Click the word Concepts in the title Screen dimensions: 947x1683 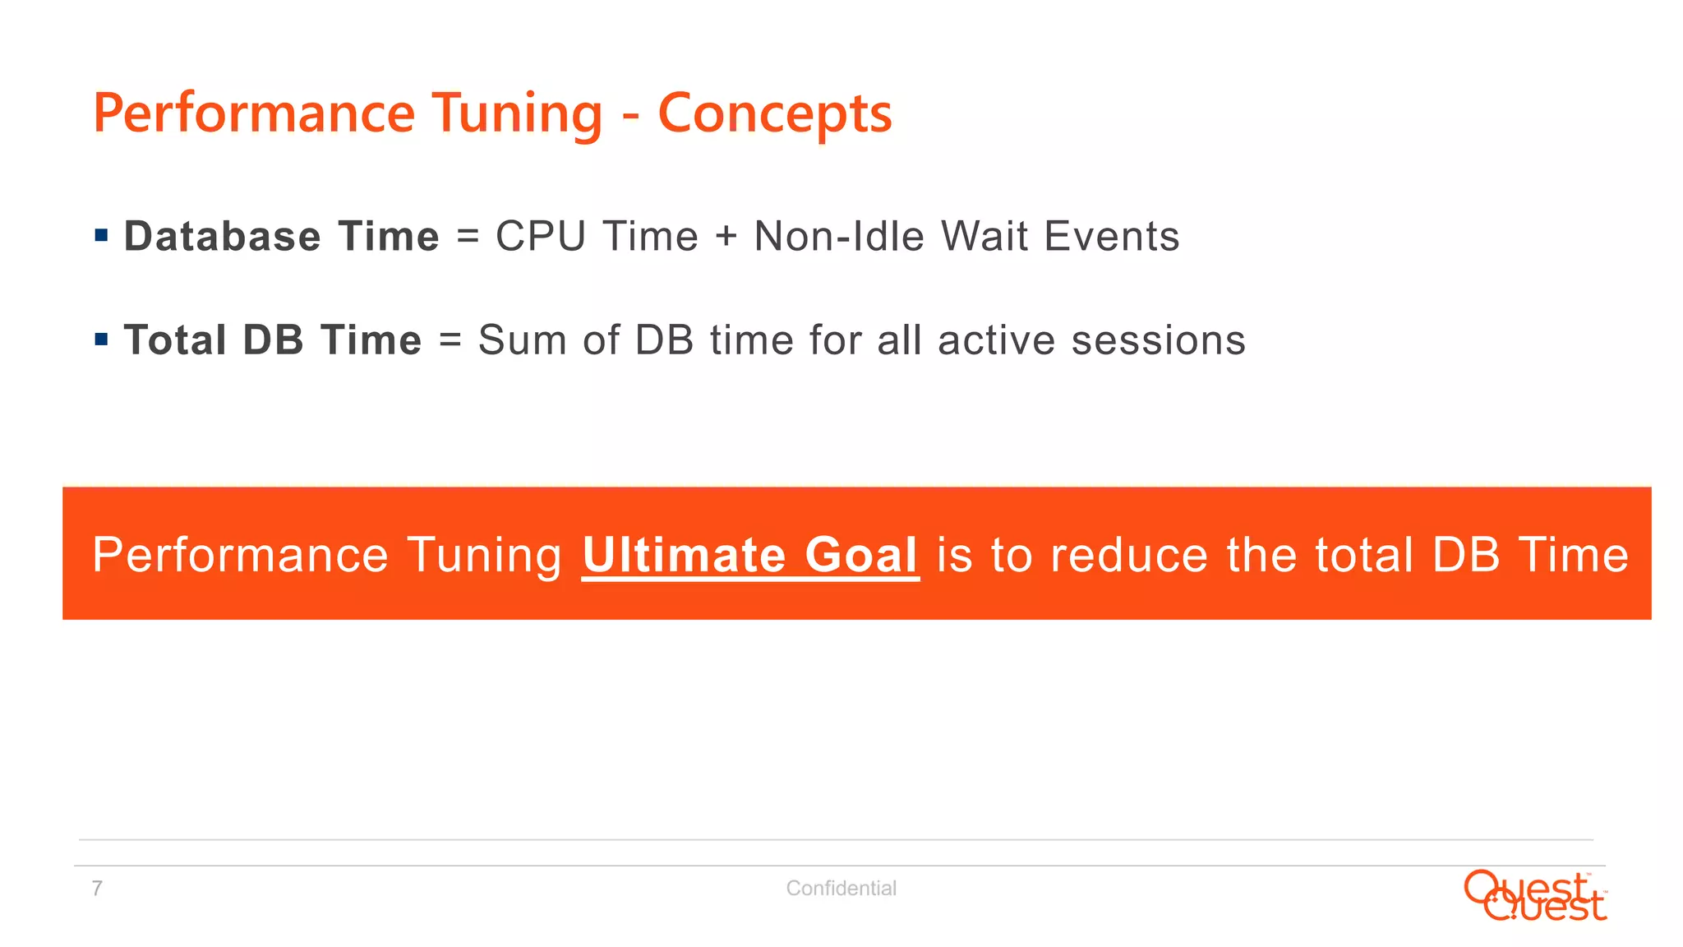774,113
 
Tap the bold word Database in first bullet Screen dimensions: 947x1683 222,237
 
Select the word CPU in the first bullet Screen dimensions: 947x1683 540,237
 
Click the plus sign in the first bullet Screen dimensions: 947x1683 726,238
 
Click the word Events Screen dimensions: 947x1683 1111,237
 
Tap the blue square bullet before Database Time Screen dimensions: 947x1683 102,236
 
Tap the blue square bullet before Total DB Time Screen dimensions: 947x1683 102,340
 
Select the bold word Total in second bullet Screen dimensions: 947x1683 175,340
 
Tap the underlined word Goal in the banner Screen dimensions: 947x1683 860,555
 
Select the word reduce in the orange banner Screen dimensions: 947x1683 1129,555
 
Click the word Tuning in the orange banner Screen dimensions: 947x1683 485,557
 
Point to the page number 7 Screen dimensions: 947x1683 97,889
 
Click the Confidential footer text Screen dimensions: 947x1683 841,889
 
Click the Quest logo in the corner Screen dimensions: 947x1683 1534,896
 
